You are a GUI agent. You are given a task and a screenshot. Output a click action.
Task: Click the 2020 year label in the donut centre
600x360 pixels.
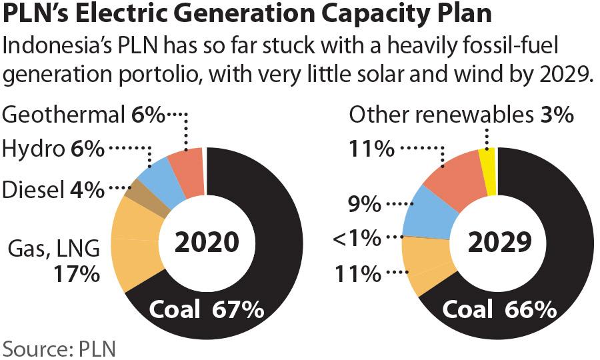tap(206, 243)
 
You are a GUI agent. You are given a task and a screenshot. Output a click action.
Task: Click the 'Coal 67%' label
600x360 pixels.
tap(206, 309)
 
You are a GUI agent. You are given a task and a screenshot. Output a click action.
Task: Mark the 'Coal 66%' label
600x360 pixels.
tap(499, 309)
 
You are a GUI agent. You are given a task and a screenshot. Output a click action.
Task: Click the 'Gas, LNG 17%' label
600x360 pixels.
tap(53, 261)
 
